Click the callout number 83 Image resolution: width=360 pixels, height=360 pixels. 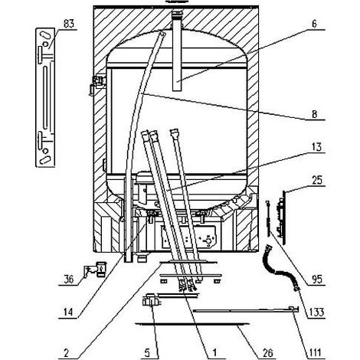(68, 24)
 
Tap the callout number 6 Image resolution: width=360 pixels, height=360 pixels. (314, 24)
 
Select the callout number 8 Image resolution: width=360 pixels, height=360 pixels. (314, 114)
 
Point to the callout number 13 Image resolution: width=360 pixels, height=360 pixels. (316, 147)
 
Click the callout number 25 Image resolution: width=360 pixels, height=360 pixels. (317, 180)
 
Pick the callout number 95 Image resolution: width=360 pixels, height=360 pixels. (317, 280)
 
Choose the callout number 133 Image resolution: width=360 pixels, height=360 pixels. (316, 312)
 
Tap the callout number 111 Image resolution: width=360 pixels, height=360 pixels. (315, 353)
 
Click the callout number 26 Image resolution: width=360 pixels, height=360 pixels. (267, 353)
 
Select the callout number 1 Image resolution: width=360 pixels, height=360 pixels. (214, 353)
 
